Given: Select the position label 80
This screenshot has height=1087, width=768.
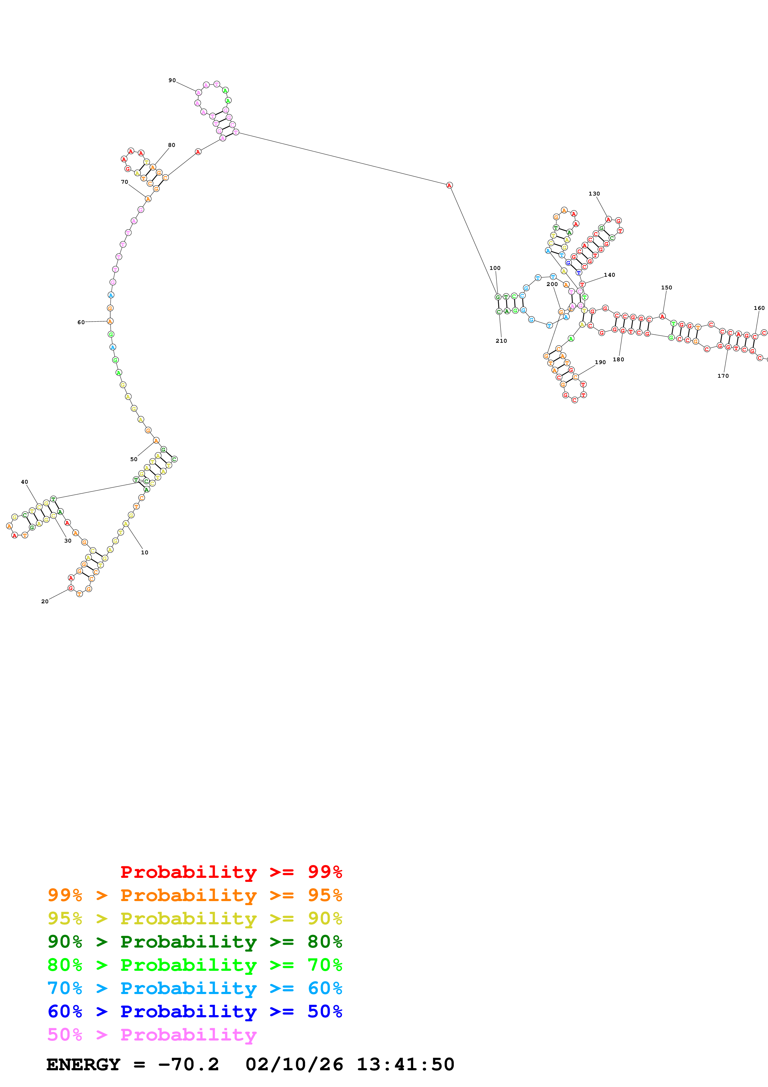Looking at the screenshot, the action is click(x=171, y=145).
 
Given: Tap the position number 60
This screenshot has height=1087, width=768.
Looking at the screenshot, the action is click(x=81, y=322).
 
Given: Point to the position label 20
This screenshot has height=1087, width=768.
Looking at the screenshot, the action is click(x=45, y=601).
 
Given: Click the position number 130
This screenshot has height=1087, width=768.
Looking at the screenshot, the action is click(x=594, y=194).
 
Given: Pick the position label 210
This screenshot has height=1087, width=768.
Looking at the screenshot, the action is click(x=501, y=341).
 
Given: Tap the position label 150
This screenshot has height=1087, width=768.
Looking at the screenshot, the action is click(x=666, y=287).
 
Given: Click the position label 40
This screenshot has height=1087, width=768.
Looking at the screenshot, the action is click(x=24, y=482).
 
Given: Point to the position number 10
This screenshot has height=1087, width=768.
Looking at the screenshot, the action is click(x=144, y=552).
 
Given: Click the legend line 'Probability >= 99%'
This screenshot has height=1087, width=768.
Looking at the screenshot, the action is click(x=231, y=872).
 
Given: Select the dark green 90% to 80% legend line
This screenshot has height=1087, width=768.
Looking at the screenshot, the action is click(x=195, y=942).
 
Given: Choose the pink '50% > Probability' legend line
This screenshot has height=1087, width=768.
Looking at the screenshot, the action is click(x=152, y=1034).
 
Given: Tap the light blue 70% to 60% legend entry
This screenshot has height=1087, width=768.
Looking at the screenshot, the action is click(x=195, y=988).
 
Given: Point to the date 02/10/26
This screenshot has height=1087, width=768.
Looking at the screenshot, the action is click(x=294, y=1064).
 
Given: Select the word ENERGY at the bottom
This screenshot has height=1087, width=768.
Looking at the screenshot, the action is click(x=83, y=1064).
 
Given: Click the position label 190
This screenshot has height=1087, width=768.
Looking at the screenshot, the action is click(x=600, y=362).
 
